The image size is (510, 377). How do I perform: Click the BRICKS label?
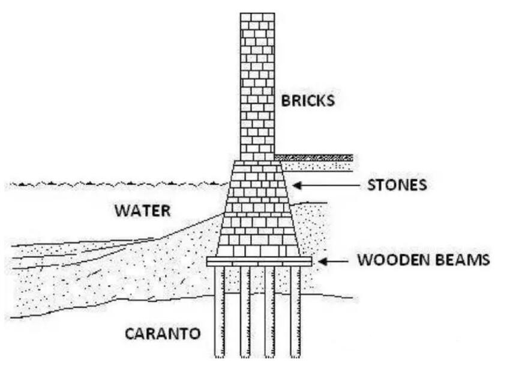pos(308,100)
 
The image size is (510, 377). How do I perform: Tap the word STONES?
pos(397,185)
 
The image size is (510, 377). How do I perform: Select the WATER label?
pos(143,211)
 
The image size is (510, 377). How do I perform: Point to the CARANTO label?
pos(162,334)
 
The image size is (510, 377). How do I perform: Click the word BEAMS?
pos(462,261)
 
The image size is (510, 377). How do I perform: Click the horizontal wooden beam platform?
pos(259,262)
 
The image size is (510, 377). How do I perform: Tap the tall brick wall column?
pos(257,84)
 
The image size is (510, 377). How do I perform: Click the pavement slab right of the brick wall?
pos(314,158)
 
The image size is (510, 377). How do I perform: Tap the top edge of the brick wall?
pos(257,14)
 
